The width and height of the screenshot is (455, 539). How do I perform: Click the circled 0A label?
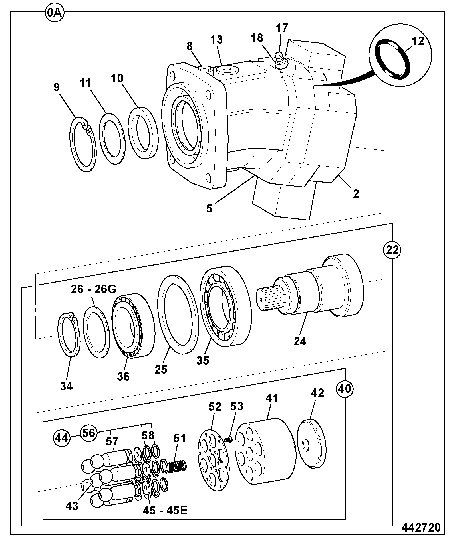coord(55,13)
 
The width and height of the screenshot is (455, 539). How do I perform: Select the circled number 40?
coord(345,389)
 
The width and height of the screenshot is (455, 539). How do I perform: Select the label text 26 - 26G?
coord(93,289)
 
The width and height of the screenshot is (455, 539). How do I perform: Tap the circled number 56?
coord(88,433)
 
